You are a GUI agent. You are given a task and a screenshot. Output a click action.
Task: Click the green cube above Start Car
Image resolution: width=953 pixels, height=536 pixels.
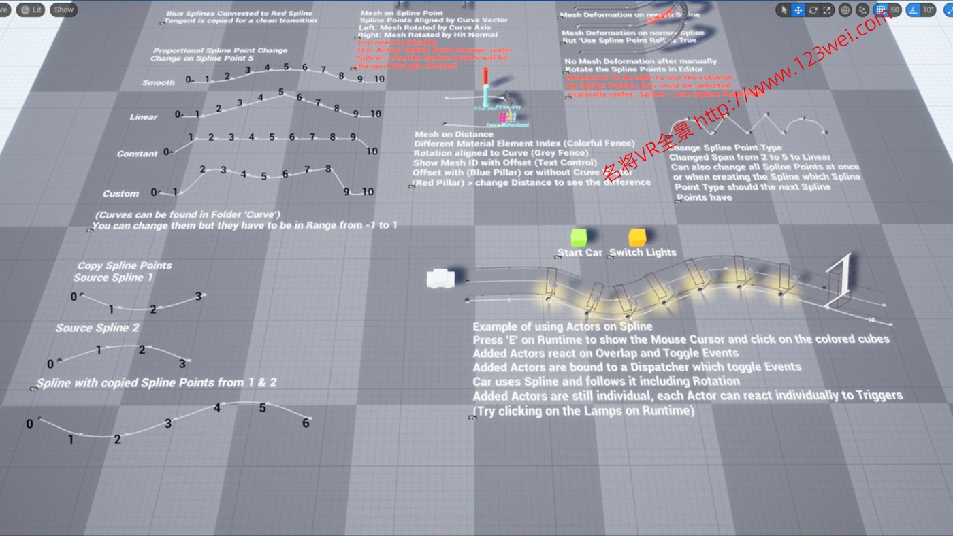579,237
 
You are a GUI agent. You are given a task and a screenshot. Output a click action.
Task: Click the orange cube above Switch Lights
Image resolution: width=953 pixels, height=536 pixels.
637,237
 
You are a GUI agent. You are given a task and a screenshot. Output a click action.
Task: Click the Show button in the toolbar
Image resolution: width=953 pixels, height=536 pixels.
63,10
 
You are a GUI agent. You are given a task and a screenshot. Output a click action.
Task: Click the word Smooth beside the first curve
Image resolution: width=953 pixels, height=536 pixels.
159,82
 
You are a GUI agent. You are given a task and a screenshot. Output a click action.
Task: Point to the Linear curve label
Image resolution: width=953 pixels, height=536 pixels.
144,117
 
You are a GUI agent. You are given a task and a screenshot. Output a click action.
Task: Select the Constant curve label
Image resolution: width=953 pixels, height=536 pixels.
137,154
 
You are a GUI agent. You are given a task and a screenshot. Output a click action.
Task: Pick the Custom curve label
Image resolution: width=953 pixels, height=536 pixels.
120,194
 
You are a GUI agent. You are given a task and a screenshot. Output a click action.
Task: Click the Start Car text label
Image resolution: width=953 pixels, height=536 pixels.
579,252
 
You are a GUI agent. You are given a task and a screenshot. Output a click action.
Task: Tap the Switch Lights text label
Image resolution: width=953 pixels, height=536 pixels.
643,252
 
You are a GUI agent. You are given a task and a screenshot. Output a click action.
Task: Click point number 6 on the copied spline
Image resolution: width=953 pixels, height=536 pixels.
306,423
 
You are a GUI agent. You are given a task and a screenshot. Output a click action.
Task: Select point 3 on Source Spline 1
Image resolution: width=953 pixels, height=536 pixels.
199,296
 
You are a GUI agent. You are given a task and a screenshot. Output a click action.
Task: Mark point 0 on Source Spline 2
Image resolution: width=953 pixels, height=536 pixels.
50,364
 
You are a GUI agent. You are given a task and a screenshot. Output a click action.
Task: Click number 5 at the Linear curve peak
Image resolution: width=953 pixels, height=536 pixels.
280,92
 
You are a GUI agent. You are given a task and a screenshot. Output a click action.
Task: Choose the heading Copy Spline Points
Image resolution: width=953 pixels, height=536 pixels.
125,265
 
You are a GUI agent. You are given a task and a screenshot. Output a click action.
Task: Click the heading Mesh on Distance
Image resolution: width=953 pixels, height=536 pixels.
453,135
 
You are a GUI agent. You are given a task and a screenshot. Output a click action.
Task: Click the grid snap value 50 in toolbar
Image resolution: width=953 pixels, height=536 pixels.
895,10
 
